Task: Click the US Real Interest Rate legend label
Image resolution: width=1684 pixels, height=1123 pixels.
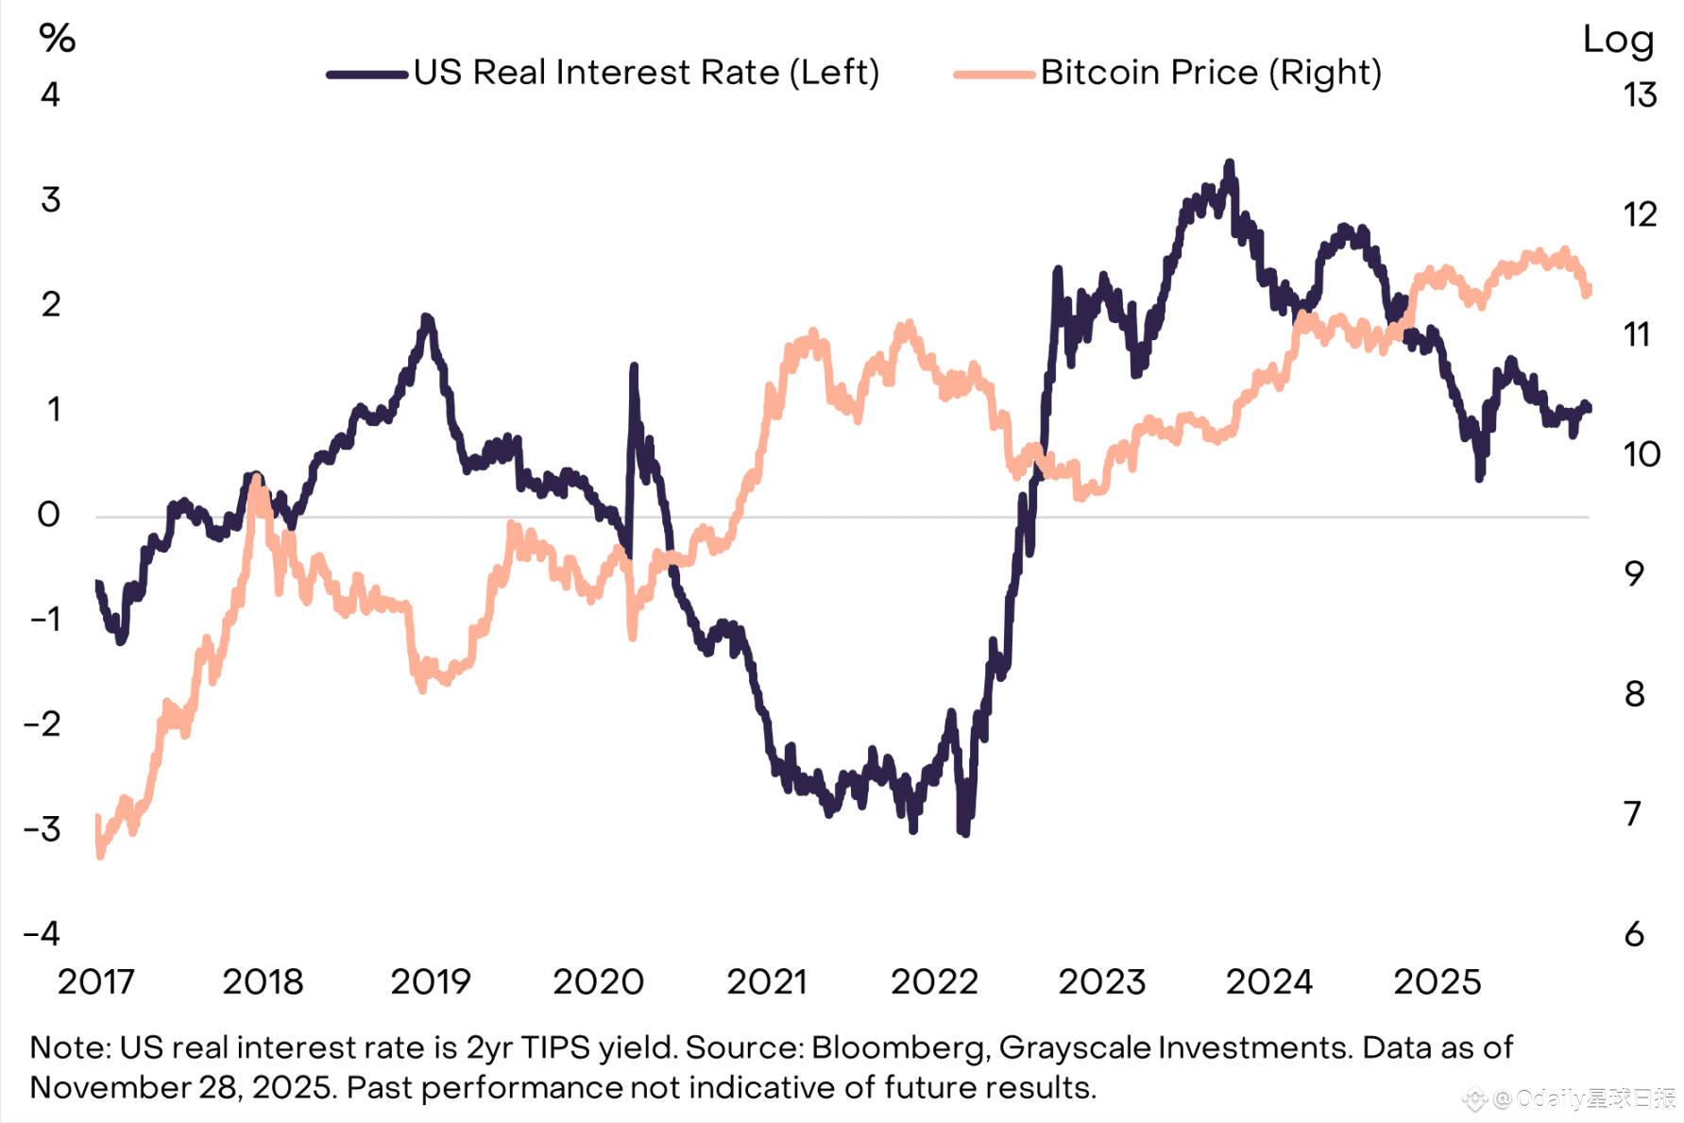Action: click(646, 73)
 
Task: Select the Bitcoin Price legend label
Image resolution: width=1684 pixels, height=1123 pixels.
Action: click(1211, 73)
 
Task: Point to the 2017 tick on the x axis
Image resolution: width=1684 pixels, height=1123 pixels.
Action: click(96, 982)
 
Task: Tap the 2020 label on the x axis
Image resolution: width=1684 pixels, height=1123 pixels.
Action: click(598, 982)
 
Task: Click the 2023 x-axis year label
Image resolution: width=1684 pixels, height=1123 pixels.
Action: click(1101, 982)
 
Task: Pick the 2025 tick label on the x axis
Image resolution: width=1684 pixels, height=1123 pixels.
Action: click(1437, 982)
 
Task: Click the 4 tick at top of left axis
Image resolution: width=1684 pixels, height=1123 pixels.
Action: click(50, 94)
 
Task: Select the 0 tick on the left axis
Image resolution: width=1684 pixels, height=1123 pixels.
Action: click(48, 515)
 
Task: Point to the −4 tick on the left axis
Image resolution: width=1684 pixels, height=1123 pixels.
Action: click(43, 934)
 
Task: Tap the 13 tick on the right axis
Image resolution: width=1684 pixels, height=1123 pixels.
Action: click(1641, 95)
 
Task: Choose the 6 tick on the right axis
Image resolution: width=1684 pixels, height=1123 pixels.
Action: click(1634, 934)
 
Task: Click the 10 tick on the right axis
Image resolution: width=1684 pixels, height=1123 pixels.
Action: click(1641, 454)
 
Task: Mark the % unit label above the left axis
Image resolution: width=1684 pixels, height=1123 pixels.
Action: click(57, 39)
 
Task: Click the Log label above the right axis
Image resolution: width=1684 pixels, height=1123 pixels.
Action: click(1618, 40)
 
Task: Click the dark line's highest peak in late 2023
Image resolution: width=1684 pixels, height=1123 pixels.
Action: click(1229, 164)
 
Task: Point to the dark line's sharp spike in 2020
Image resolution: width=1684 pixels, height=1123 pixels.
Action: click(634, 366)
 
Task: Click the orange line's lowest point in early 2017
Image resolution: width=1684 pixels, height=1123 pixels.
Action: click(100, 855)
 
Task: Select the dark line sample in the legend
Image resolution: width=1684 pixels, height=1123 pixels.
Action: click(366, 74)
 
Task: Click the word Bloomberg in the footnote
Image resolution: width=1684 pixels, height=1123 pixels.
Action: click(897, 1047)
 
